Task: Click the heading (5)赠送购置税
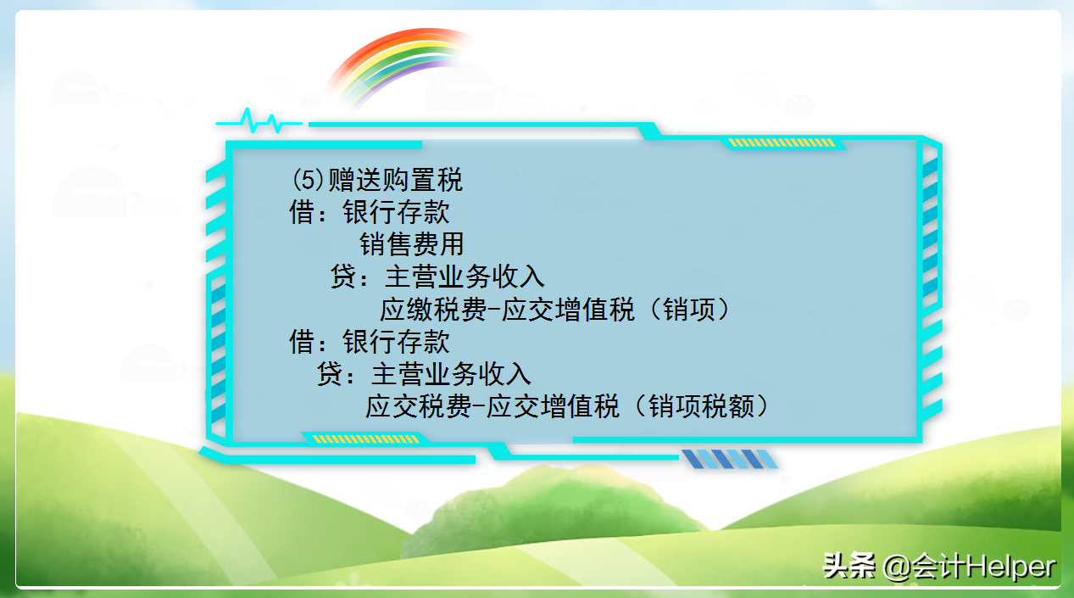tap(377, 181)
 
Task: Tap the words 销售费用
tap(412, 244)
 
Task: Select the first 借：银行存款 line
tap(370, 212)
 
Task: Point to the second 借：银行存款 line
tap(370, 342)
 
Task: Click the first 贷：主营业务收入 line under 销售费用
tap(437, 277)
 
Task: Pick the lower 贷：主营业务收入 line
tap(423, 374)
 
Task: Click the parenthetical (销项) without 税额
tap(687, 310)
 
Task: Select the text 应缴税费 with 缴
tap(433, 310)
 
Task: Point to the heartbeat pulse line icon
tap(259, 122)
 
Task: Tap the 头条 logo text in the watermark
tap(849, 566)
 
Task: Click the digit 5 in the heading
tap(304, 181)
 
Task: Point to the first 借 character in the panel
tap(303, 212)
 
